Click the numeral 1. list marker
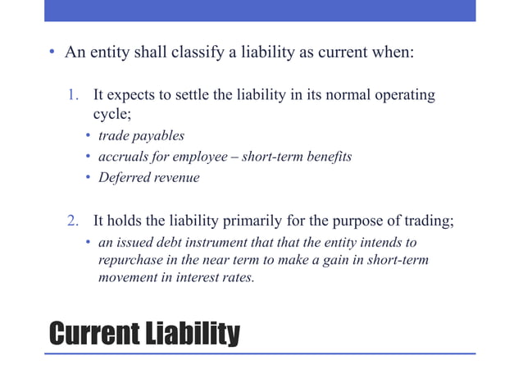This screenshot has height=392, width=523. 73,95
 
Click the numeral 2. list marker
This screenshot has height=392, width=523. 73,221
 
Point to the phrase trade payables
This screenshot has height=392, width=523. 140,135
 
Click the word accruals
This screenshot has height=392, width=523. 123,157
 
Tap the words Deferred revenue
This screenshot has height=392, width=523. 149,177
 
